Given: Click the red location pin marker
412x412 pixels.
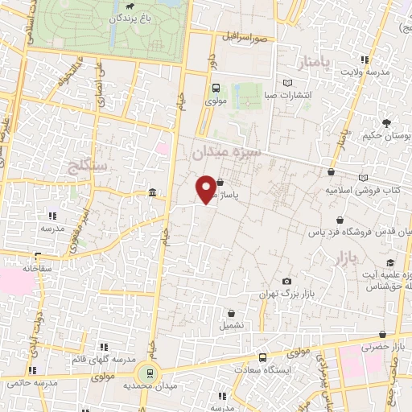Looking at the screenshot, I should click(x=207, y=189).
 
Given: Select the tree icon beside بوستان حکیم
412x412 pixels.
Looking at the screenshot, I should click(x=387, y=123).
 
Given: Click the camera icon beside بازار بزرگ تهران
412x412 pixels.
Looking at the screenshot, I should click(x=287, y=281).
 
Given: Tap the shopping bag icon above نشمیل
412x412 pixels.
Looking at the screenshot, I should click(x=232, y=314).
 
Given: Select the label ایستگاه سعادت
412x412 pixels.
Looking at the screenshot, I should click(x=263, y=370).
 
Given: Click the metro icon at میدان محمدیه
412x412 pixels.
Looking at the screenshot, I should click(x=146, y=373).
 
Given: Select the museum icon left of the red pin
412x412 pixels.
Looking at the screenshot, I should click(x=152, y=192).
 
